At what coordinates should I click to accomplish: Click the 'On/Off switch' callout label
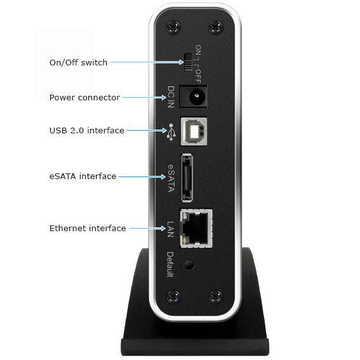tap(78, 62)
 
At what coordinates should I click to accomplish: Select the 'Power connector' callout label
tap(84, 98)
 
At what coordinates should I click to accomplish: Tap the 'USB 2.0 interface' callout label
tap(87, 130)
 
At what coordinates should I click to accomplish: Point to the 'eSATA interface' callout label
tap(83, 177)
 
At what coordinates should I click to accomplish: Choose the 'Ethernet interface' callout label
tap(88, 228)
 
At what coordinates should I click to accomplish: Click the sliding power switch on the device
tap(188, 62)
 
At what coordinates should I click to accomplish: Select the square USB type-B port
tap(194, 131)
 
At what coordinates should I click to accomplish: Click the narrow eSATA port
tap(187, 178)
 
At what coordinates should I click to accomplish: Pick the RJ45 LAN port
tap(196, 228)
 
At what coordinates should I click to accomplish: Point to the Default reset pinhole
tap(189, 265)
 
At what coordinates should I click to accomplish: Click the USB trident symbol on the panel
tap(171, 132)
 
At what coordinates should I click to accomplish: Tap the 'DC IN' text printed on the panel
tap(171, 97)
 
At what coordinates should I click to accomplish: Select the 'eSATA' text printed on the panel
tap(171, 178)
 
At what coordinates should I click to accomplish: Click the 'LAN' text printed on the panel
tap(170, 229)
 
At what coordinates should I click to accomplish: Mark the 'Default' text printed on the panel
tap(170, 265)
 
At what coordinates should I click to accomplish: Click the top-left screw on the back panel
tap(173, 27)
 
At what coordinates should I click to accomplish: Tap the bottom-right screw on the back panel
tap(216, 297)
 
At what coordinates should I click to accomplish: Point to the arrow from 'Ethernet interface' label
tap(147, 228)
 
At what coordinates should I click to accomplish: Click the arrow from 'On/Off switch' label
tap(147, 62)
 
